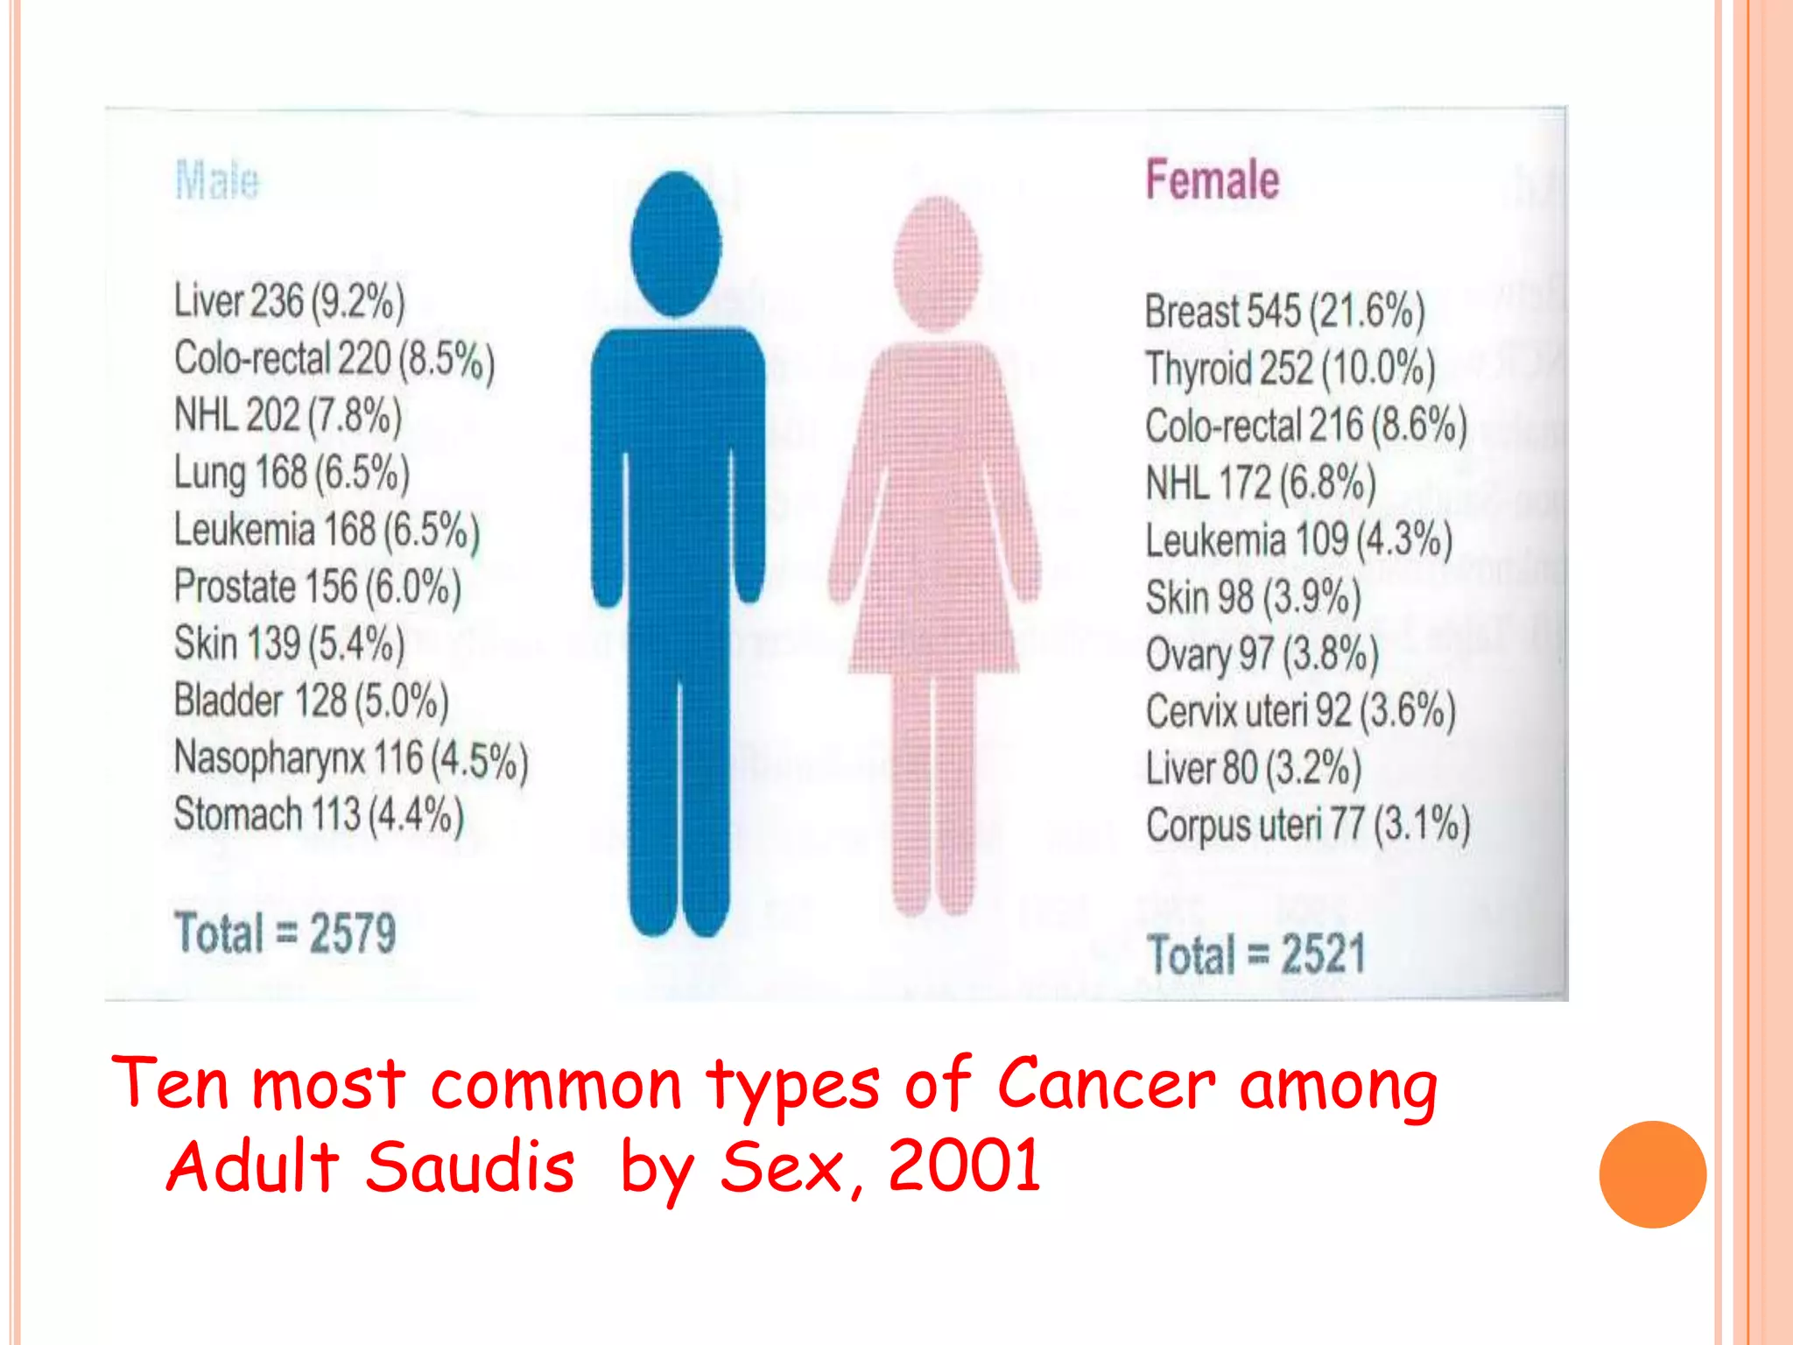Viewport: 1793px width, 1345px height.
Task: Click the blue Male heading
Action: pyautogui.click(x=217, y=181)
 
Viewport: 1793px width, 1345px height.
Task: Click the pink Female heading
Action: pyautogui.click(x=1212, y=180)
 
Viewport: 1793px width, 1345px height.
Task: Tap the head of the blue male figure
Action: pyautogui.click(x=675, y=243)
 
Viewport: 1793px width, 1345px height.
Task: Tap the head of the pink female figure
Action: pyautogui.click(x=938, y=263)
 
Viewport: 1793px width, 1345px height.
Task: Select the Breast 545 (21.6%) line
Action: pyautogui.click(x=1284, y=312)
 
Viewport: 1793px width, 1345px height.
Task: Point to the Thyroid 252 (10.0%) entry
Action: pyautogui.click(x=1290, y=369)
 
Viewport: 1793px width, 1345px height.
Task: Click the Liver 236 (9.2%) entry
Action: pyautogui.click(x=289, y=301)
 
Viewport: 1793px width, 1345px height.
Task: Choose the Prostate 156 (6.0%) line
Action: pyautogui.click(x=317, y=587)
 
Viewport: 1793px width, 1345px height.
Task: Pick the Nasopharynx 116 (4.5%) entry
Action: pyautogui.click(x=350, y=758)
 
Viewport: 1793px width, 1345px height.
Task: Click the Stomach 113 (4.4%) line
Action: pyautogui.click(x=318, y=815)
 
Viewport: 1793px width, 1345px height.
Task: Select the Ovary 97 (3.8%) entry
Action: pyautogui.click(x=1262, y=654)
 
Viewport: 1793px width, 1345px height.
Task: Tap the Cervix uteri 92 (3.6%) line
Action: pyautogui.click(x=1300, y=711)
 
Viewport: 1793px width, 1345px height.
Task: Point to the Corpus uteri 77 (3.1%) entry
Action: pyautogui.click(x=1307, y=825)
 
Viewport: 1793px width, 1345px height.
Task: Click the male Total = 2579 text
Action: pyautogui.click(x=285, y=933)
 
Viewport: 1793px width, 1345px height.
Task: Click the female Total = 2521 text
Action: pyautogui.click(x=1255, y=954)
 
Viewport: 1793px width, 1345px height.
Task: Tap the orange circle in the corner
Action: pyautogui.click(x=1652, y=1174)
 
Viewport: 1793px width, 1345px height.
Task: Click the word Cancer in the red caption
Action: pyautogui.click(x=1106, y=1084)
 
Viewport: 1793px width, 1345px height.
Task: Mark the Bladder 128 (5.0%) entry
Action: pyautogui.click(x=311, y=701)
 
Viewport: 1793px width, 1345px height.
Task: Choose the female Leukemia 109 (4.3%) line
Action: pyautogui.click(x=1298, y=540)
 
